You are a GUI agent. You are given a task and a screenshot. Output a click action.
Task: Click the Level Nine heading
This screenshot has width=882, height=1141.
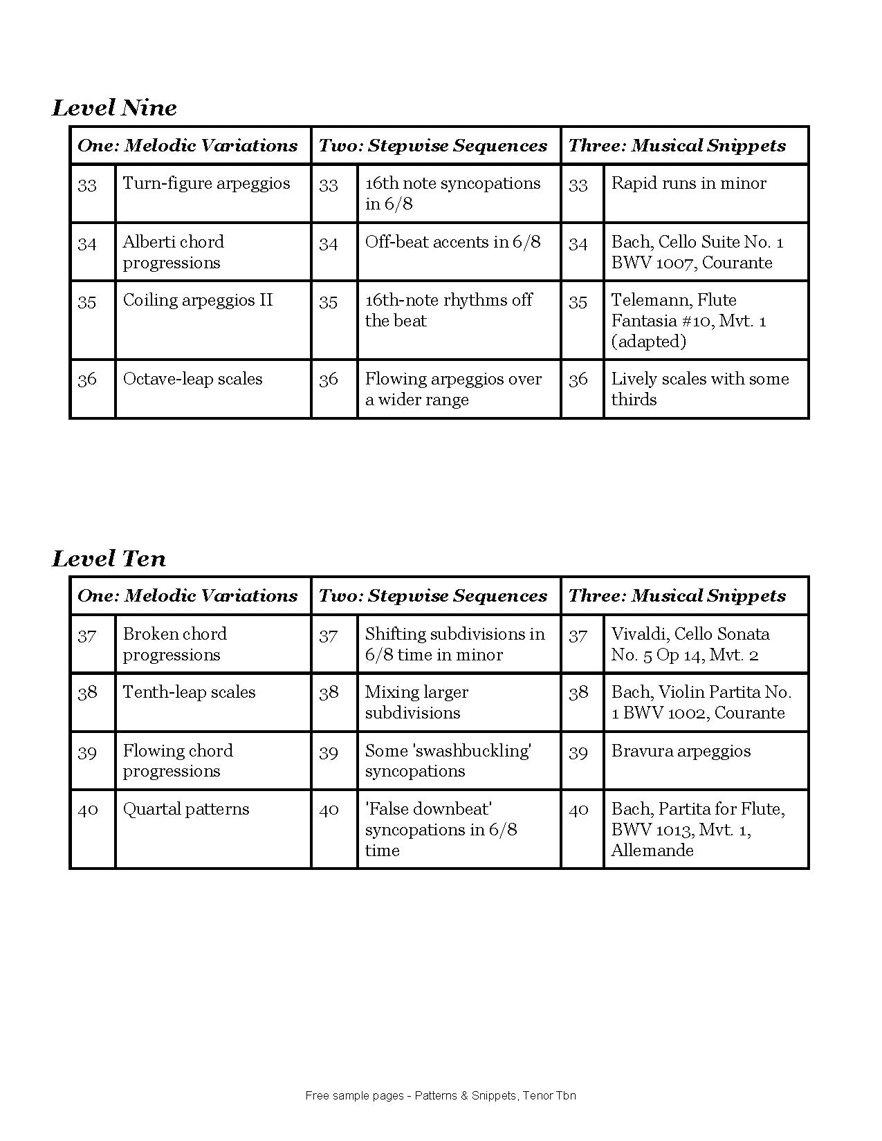pyautogui.click(x=114, y=108)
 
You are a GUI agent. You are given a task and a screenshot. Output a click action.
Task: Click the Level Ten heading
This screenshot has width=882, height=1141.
pyautogui.click(x=109, y=559)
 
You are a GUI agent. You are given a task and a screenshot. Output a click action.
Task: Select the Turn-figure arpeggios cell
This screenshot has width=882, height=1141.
pyautogui.click(x=206, y=184)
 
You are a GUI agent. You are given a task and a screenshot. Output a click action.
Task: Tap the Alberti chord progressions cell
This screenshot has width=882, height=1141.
pyautogui.click(x=174, y=252)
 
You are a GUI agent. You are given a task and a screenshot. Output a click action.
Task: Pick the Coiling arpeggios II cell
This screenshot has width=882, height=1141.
pyautogui.click(x=198, y=301)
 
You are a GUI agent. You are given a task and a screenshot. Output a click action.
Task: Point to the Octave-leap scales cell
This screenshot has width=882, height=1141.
pyautogui.click(x=192, y=380)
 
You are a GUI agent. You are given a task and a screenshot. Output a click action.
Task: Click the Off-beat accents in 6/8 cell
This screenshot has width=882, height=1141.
pyautogui.click(x=452, y=243)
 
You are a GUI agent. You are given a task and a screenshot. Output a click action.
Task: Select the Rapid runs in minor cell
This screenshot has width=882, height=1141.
pyautogui.click(x=688, y=184)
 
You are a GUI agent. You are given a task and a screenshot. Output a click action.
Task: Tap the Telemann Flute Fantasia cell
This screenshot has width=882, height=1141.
pyautogui.click(x=688, y=320)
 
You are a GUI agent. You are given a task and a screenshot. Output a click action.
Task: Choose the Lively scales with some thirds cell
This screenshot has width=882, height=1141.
pyautogui.click(x=699, y=389)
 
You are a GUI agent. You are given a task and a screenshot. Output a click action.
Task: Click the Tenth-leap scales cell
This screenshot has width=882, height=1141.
pyautogui.click(x=189, y=693)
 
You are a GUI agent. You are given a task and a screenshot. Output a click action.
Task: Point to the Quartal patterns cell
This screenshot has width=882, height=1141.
pyautogui.click(x=185, y=810)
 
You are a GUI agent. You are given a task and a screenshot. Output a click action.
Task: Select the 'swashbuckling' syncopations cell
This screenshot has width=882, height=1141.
pyautogui.click(x=448, y=761)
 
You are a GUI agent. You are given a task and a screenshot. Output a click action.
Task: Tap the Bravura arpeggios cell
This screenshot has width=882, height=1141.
pyautogui.click(x=681, y=752)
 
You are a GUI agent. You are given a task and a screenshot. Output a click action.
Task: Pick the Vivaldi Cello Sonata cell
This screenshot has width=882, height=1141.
pyautogui.click(x=690, y=644)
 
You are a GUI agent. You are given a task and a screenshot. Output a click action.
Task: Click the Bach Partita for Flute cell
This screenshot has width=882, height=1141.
pyautogui.click(x=697, y=829)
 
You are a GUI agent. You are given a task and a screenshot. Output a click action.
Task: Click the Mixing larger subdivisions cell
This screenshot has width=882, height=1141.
pyautogui.click(x=416, y=703)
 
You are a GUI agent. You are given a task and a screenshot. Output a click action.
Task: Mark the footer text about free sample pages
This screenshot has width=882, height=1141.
pyautogui.click(x=441, y=1095)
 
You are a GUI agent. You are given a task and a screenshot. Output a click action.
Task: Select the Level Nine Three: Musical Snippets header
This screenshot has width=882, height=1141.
pyautogui.click(x=677, y=146)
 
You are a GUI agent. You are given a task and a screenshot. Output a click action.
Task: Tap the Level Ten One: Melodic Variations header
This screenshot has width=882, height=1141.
pyautogui.click(x=187, y=596)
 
